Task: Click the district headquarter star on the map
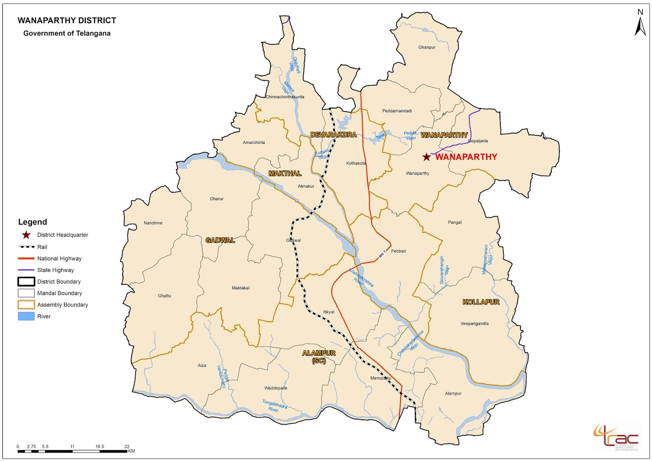[x=426, y=157]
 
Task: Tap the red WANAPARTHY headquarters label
[x=466, y=157]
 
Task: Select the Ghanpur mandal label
[x=427, y=47]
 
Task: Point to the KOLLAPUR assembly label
[x=481, y=302]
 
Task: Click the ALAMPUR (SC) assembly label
[x=319, y=356]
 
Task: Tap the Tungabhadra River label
[x=274, y=406]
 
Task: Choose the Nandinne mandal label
[x=153, y=223]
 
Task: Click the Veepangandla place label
[x=474, y=324]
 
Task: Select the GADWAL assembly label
[x=220, y=240]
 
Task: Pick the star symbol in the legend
[x=26, y=235]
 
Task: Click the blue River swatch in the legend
[x=26, y=316]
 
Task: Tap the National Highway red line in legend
[x=26, y=258]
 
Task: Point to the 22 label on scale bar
[x=127, y=446]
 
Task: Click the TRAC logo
[x=617, y=437]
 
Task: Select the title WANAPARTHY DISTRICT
[x=67, y=20]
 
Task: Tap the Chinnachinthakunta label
[x=285, y=97]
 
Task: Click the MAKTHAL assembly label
[x=285, y=174]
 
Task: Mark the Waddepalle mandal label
[x=275, y=388]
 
